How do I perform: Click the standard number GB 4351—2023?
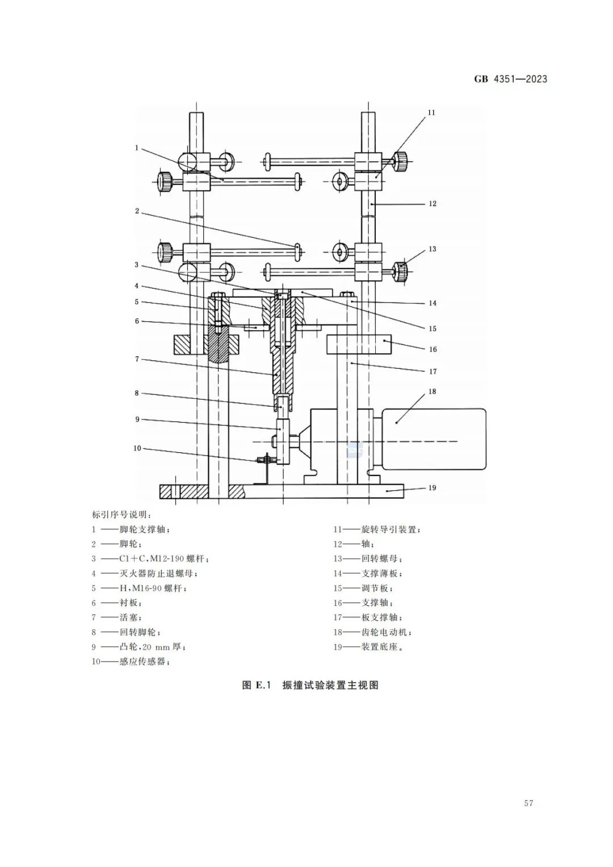click(510, 79)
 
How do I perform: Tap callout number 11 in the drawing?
click(431, 112)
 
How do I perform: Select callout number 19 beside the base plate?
click(432, 487)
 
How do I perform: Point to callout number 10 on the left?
click(137, 448)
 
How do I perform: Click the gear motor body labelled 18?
click(434, 439)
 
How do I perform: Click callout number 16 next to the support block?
click(433, 349)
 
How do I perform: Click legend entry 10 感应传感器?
click(131, 662)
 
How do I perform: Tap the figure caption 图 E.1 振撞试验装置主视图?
click(310, 685)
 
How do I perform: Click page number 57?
click(528, 803)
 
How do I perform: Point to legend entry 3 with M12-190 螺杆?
click(151, 559)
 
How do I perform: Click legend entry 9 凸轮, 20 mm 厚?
click(140, 647)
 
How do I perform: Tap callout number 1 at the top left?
click(137, 148)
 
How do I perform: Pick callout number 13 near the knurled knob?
click(433, 249)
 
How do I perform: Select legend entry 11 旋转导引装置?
click(377, 529)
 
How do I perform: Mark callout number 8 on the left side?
click(137, 393)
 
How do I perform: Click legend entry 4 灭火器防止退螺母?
click(145, 574)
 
